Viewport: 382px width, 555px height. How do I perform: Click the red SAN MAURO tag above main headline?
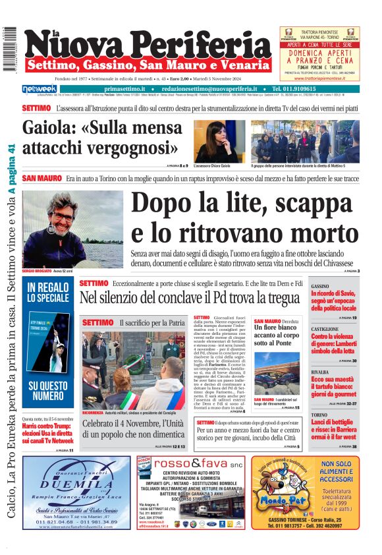tap(41, 179)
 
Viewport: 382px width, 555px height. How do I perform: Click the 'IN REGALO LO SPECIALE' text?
tap(48, 293)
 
